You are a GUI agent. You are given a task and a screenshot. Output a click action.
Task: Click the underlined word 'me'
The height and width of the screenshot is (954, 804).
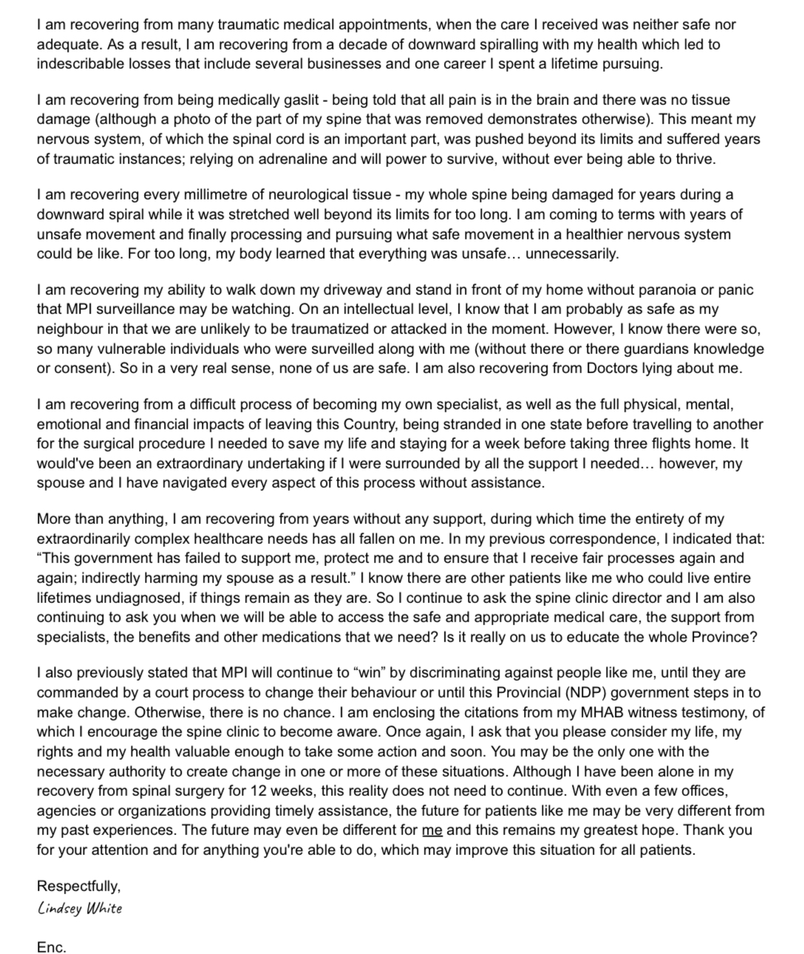[432, 830]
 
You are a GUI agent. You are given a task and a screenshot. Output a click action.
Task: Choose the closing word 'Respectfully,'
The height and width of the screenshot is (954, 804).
[79, 886]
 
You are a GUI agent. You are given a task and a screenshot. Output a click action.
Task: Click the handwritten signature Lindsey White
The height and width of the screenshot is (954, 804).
[80, 908]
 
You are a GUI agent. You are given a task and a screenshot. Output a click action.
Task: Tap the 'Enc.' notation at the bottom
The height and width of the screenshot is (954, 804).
[52, 947]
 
